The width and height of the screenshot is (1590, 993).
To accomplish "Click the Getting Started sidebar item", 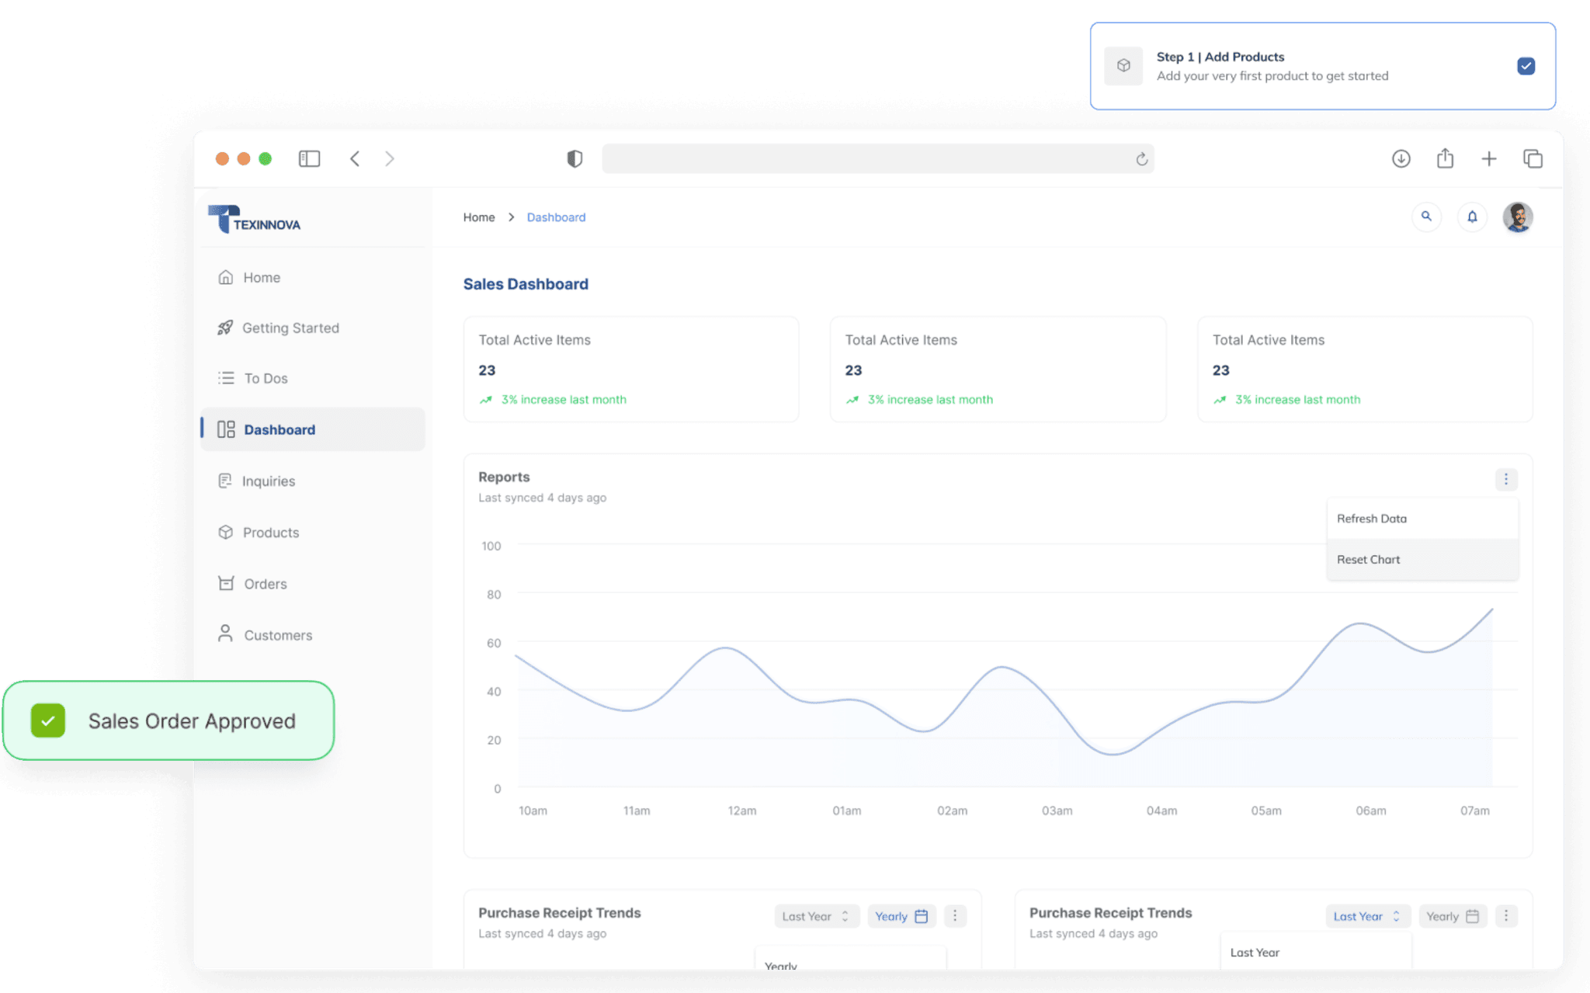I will pos(290,328).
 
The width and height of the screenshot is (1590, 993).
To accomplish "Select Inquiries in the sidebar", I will pos(268,481).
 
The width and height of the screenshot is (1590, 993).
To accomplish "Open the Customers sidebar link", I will pos(277,635).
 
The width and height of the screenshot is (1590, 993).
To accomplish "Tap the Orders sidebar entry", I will pos(265,584).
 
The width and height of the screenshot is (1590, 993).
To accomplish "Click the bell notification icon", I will pos(1472,217).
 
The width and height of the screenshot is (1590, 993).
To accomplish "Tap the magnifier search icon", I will pos(1426,217).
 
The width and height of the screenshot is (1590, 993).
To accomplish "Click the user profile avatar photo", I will pos(1517,217).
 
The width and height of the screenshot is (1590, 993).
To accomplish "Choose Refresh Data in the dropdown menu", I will pos(1372,519).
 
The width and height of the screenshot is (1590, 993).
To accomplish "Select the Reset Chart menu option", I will pos(1369,560).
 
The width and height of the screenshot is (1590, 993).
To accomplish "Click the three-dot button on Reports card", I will pos(1506,479).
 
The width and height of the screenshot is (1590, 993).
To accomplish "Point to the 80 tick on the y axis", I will pos(494,595).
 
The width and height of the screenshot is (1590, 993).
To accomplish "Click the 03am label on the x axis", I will pos(1057,811).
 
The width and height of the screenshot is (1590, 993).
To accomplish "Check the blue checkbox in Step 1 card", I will pos(1526,66).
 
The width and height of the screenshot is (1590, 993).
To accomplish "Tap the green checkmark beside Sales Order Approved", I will pos(48,720).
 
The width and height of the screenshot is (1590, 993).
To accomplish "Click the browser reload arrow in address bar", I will pos(1142,159).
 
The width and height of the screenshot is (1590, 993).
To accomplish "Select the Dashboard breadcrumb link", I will pos(556,217).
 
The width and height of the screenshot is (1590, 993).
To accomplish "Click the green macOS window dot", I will pos(265,158).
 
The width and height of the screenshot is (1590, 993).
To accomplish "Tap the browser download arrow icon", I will pos(1401,159).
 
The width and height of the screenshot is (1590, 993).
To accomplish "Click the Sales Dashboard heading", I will pos(526,284).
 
